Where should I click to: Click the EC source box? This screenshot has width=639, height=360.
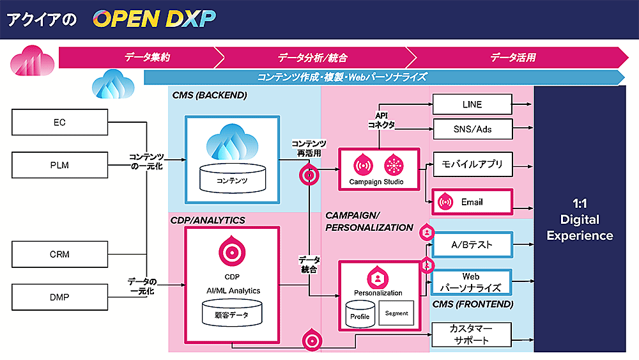[x=59, y=121]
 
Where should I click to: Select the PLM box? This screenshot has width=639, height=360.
[x=59, y=165]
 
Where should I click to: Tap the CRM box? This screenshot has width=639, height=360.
[x=59, y=254]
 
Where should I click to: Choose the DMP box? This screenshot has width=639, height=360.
[x=59, y=297]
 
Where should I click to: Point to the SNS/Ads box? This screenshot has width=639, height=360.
[x=472, y=129]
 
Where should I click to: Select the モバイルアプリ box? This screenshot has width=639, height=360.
[x=472, y=164]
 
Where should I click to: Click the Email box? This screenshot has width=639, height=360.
[x=472, y=202]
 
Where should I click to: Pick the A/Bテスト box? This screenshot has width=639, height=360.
[x=472, y=245]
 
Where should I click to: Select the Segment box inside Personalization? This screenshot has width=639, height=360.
[x=396, y=313]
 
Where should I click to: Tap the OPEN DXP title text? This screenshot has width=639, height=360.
[x=153, y=19]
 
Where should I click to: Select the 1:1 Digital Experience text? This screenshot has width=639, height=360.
[x=580, y=219]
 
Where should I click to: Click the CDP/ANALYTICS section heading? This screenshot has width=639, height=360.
[x=208, y=220]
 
